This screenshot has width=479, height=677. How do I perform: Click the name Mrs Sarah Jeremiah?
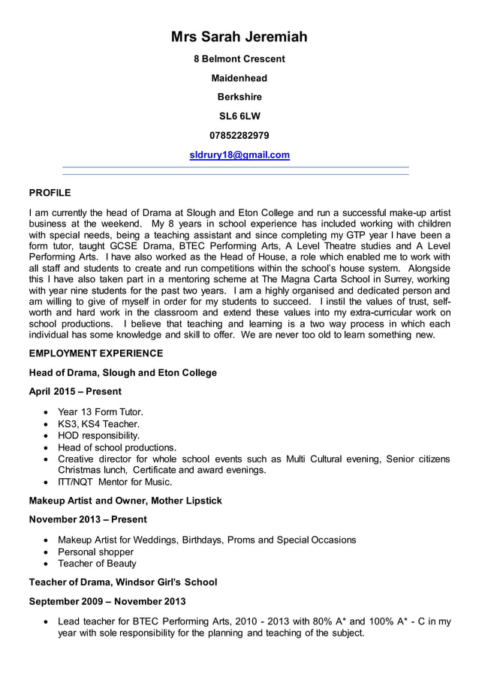(239, 37)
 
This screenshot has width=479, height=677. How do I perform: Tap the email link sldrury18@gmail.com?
(239, 155)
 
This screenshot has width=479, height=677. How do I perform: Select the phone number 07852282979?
(239, 135)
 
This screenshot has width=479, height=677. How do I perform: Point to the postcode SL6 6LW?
(239, 116)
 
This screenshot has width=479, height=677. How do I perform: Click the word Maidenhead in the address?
(239, 78)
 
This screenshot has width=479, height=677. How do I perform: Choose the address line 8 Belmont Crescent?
(239, 59)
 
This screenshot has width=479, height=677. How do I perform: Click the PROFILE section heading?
(50, 193)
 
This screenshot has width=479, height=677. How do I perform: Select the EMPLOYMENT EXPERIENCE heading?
(95, 353)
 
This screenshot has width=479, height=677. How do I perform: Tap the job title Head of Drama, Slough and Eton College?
(122, 372)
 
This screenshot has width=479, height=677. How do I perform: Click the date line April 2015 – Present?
(75, 391)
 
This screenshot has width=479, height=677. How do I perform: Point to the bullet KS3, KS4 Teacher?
(98, 424)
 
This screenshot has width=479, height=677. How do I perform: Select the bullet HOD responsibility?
(98, 435)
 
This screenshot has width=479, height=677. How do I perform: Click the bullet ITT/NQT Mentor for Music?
(115, 482)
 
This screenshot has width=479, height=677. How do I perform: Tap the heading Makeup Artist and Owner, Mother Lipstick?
(125, 500)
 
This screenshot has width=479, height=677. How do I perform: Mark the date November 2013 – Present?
(88, 519)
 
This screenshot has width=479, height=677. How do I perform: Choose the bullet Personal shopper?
(95, 552)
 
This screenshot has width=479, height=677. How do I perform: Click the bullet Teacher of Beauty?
(97, 563)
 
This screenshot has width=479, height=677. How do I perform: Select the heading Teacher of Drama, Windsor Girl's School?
(122, 582)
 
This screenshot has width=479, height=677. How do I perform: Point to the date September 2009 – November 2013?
(107, 601)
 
